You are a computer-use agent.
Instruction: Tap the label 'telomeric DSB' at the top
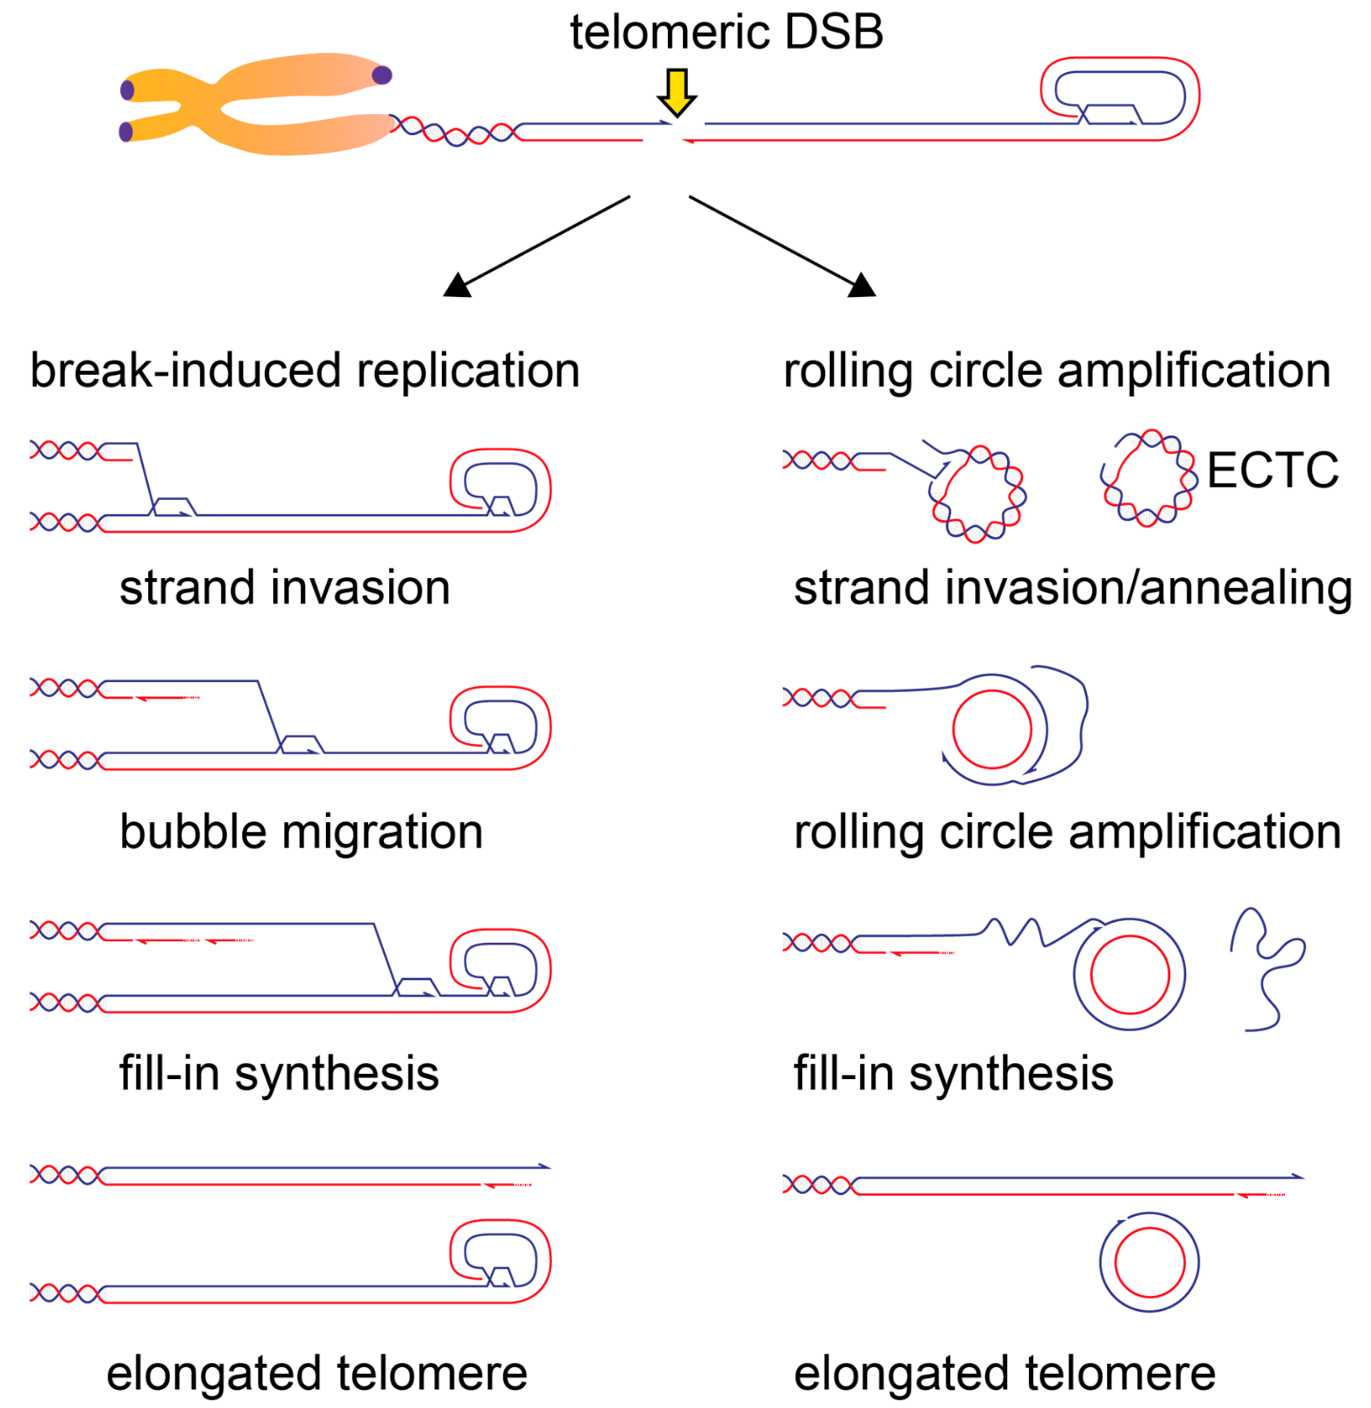tap(726, 33)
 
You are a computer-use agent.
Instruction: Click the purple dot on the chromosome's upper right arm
tap(382, 75)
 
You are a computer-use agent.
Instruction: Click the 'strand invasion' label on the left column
tap(284, 588)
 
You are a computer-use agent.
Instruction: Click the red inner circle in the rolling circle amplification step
tap(992, 729)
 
